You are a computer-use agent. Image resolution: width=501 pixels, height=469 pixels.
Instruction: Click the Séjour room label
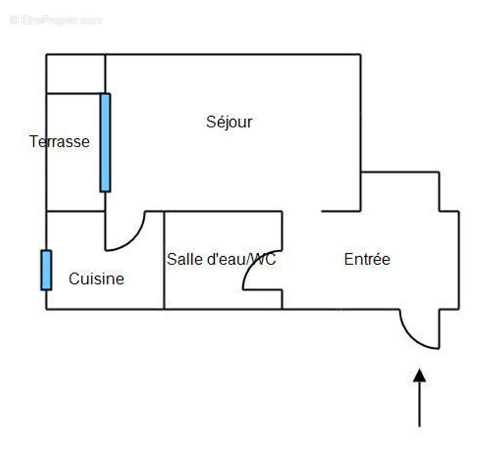point(229,122)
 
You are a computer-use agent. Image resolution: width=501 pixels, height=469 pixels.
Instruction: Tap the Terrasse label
point(59,141)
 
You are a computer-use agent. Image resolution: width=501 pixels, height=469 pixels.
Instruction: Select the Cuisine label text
point(96,278)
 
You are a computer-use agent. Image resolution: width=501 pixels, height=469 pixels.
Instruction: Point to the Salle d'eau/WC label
point(221,259)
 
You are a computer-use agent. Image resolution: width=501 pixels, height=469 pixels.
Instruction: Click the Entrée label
point(367,259)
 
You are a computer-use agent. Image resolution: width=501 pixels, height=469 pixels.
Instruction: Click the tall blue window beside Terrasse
point(105,142)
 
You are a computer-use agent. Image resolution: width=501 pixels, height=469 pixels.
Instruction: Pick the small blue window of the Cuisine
point(46,270)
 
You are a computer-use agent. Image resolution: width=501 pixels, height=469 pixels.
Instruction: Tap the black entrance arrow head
point(419,376)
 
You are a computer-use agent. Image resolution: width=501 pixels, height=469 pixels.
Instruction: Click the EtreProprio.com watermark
point(56,20)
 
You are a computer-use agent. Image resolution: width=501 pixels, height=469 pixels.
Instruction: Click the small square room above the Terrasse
point(76,74)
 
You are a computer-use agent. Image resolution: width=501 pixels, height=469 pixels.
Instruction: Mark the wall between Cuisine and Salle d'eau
point(164,260)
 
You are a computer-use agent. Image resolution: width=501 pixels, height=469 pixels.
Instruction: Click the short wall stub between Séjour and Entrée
point(341,211)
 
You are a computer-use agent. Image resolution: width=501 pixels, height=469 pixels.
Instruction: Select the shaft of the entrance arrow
point(419,405)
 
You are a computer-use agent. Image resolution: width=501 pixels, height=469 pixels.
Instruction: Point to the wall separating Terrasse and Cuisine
point(76,211)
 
